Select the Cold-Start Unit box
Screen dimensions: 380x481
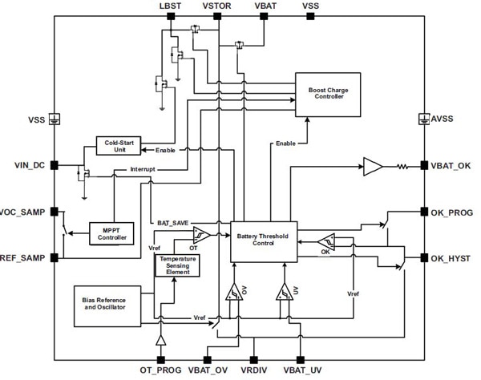tap(118, 145)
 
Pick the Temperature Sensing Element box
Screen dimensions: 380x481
tap(176, 266)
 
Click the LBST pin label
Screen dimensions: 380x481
tap(170, 6)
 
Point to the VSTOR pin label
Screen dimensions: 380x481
tap(217, 6)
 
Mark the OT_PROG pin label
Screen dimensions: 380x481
tap(160, 371)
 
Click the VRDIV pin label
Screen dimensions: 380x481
tap(254, 371)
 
